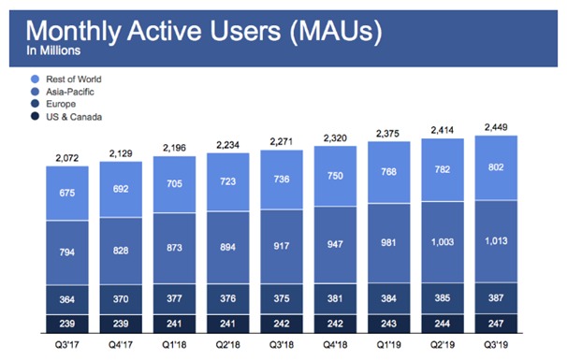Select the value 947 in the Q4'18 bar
(x=335, y=251)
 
